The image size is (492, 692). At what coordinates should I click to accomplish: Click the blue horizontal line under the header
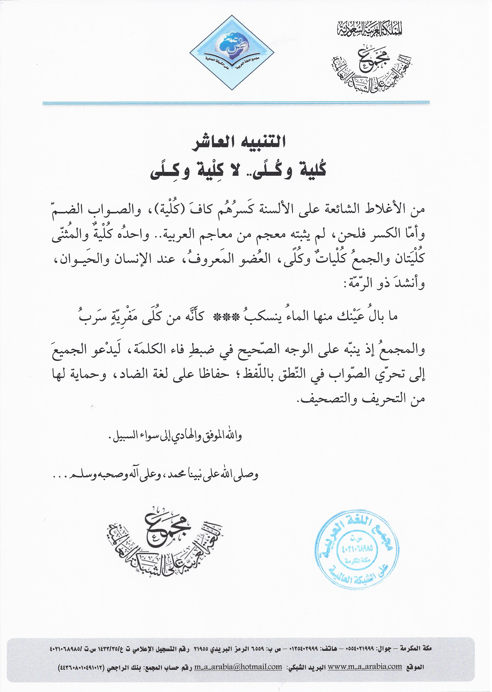click(x=236, y=103)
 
